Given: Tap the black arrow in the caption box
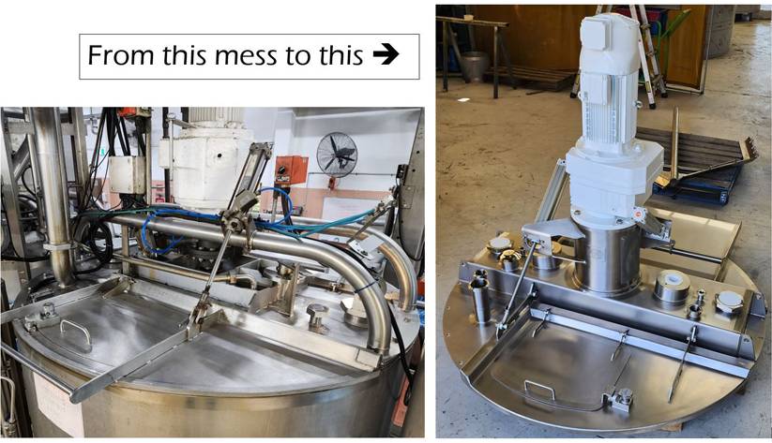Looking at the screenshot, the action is point(386,54).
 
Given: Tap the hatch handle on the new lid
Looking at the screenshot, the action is point(539,390).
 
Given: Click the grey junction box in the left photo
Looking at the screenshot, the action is point(128,174).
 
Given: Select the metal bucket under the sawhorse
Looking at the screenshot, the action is point(475,66).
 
